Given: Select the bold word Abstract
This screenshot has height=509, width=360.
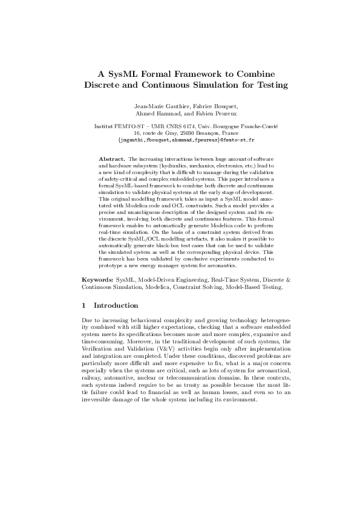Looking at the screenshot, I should tap(111, 158).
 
